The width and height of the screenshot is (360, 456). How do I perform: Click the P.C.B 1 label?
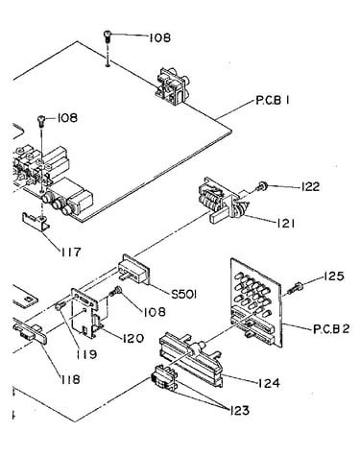click(x=273, y=101)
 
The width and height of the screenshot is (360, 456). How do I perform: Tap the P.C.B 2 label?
click(x=331, y=329)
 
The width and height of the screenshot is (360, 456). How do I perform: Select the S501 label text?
click(x=183, y=294)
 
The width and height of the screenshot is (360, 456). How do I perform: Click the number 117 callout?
click(x=71, y=252)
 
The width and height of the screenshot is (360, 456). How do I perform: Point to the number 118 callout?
click(x=70, y=379)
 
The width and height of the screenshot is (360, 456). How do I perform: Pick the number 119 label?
click(x=86, y=354)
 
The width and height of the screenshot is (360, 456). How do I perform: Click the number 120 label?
click(x=132, y=338)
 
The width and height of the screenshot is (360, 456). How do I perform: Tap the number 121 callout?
click(x=284, y=223)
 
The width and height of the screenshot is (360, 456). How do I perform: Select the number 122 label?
click(x=309, y=186)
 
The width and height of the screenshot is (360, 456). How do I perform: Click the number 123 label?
click(x=239, y=410)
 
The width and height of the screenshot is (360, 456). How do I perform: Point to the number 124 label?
click(x=269, y=383)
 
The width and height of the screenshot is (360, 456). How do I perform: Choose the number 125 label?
click(x=334, y=276)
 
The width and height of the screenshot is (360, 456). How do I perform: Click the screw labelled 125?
click(x=295, y=288)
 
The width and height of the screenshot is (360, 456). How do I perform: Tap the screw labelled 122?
click(x=262, y=186)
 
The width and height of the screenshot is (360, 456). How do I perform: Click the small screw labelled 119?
click(x=60, y=306)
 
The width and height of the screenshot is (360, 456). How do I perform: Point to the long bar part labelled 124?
click(x=190, y=359)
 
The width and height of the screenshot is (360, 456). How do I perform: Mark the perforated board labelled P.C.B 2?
click(x=256, y=302)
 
